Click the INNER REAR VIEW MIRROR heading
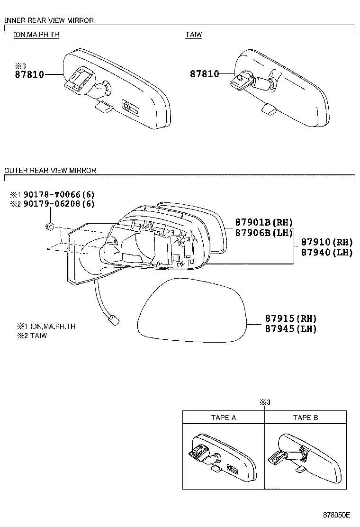[49, 20]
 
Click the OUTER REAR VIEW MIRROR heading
[50, 170]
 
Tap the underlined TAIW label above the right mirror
[193, 35]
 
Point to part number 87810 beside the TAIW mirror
[205, 74]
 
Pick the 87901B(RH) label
[264, 222]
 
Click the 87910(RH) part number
[327, 242]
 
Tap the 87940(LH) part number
[327, 252]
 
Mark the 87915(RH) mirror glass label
[290, 319]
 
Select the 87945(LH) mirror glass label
[290, 329]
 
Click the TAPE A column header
[224, 418]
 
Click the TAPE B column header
[306, 418]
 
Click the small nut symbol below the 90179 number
[50, 226]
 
